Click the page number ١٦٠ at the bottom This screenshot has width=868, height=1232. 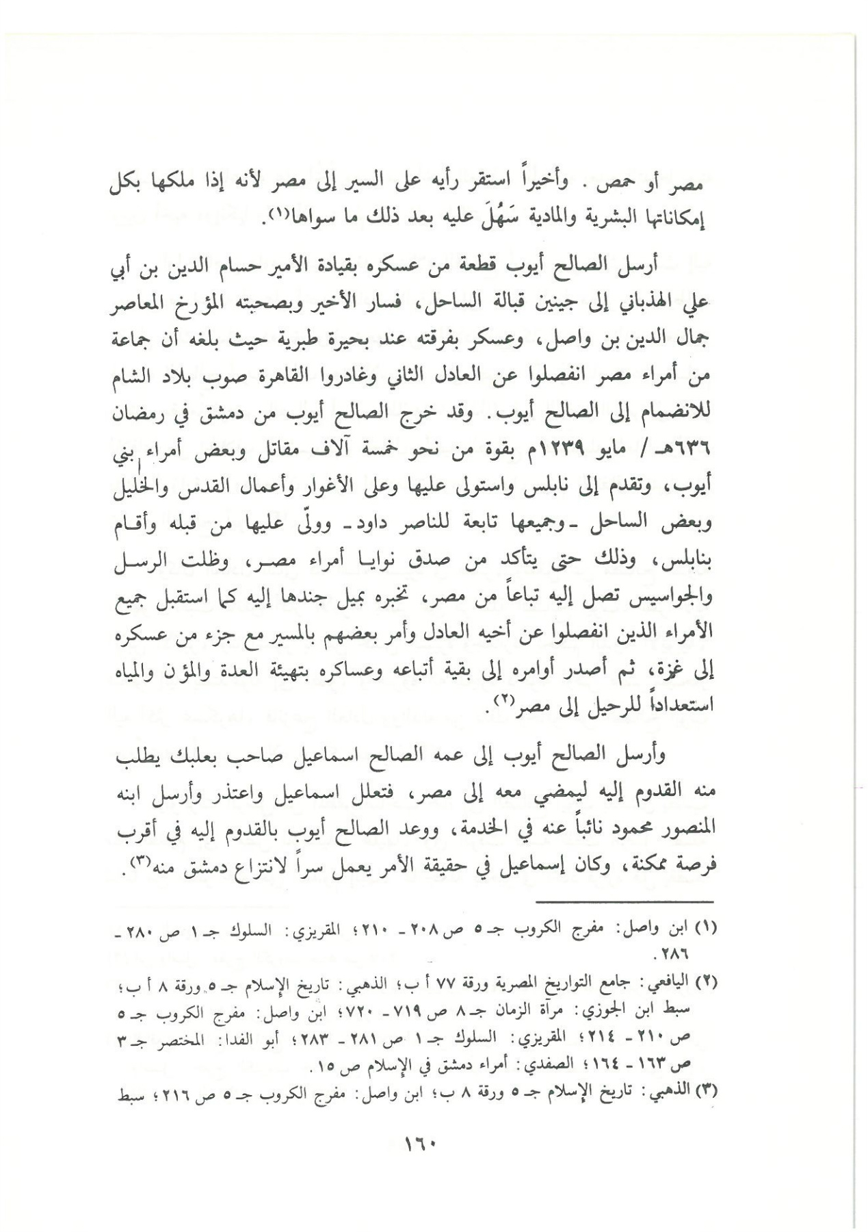(424, 1142)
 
